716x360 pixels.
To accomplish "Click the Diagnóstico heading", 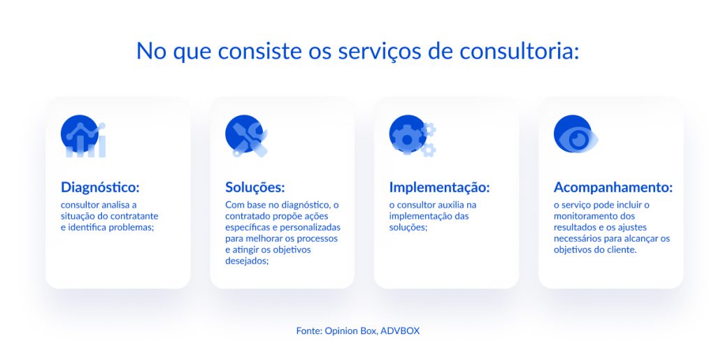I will point(100,187).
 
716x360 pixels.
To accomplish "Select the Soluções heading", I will point(255,187).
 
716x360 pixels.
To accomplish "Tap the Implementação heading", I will point(439,187).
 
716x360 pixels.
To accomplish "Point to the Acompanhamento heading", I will point(613,187).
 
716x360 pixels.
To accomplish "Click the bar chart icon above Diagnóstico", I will point(83,136).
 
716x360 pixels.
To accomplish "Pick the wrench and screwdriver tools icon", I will point(245,136).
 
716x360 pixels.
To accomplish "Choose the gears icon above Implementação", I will point(412,136).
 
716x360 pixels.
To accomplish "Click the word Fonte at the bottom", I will point(308,331).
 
